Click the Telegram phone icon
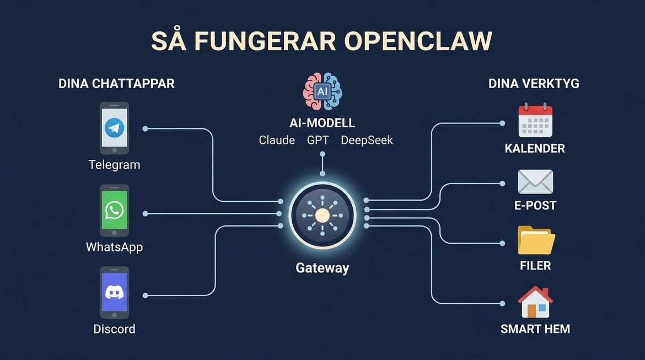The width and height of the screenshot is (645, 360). click(x=115, y=128)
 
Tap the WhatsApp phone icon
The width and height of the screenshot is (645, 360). click(x=115, y=210)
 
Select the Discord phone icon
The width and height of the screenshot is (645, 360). click(x=115, y=292)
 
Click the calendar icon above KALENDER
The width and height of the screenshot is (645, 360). click(x=535, y=120)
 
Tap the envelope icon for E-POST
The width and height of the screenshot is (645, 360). click(x=535, y=182)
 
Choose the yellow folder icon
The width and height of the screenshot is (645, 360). click(x=536, y=240)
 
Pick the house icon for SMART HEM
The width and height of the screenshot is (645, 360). click(x=535, y=302)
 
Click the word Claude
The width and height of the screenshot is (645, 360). click(x=277, y=140)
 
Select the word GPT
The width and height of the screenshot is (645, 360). click(x=318, y=140)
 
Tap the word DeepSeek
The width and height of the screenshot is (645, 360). click(x=367, y=140)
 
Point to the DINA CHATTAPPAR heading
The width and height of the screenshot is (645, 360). click(x=116, y=84)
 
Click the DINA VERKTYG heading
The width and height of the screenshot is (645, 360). click(x=534, y=84)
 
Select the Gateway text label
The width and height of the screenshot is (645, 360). click(x=322, y=268)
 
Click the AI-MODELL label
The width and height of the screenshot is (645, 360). click(x=322, y=123)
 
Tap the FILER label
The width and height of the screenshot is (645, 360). click(x=535, y=266)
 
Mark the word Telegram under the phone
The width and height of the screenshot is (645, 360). click(x=114, y=164)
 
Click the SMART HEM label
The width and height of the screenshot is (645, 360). click(x=535, y=329)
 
